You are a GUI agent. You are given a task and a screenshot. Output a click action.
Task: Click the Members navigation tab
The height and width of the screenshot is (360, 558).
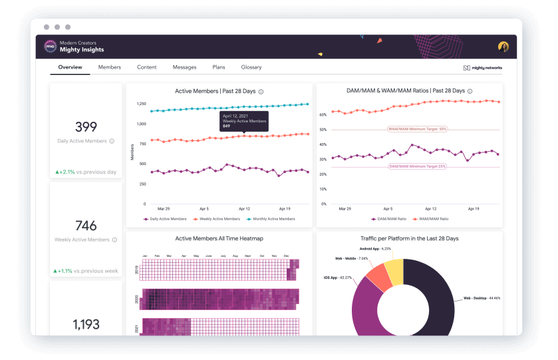click(110, 67)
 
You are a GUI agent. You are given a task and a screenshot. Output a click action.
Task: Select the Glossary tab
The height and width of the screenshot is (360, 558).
click(251, 67)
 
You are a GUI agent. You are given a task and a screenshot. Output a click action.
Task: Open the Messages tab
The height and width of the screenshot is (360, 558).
click(184, 67)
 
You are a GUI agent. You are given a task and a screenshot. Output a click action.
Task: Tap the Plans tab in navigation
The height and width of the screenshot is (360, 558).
click(219, 67)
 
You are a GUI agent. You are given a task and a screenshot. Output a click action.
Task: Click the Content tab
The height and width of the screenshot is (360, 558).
click(147, 67)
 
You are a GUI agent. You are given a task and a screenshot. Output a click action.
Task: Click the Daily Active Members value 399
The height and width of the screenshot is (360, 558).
click(86, 127)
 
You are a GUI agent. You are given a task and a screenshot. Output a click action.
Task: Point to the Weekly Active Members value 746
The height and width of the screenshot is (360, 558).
click(86, 226)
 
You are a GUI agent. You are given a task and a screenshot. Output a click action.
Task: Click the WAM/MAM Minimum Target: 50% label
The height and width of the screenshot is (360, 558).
click(417, 129)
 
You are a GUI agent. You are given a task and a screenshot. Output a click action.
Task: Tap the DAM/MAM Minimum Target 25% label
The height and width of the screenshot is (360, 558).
click(417, 166)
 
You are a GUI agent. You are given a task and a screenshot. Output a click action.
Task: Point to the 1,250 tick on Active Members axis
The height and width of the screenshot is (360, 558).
click(140, 104)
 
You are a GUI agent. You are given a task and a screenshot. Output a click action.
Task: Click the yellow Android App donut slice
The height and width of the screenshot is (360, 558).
click(393, 270)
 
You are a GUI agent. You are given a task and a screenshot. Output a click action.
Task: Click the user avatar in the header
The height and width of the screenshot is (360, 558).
click(503, 47)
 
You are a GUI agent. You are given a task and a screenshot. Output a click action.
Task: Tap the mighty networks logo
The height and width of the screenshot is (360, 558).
click(483, 68)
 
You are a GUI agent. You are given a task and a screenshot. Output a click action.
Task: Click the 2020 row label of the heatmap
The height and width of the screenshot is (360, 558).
click(137, 300)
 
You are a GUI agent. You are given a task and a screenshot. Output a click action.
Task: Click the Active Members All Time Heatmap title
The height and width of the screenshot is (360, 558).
click(219, 238)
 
